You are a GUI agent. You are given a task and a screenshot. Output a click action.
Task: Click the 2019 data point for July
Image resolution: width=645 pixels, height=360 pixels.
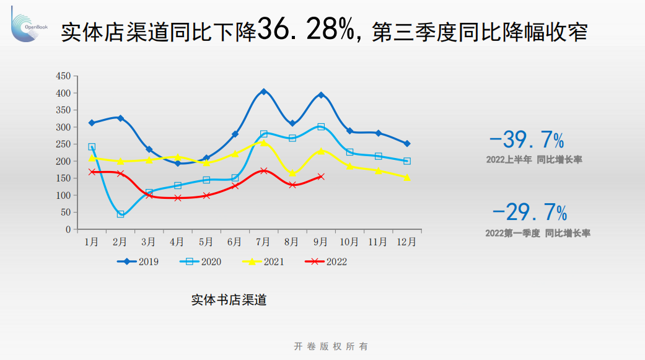[263, 92]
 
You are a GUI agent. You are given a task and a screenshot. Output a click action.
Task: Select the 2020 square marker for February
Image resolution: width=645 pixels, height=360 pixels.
[120, 214]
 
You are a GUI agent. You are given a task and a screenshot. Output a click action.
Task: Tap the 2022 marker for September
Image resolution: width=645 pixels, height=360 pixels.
[321, 177]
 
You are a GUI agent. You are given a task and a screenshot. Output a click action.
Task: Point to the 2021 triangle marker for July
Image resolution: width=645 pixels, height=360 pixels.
[263, 143]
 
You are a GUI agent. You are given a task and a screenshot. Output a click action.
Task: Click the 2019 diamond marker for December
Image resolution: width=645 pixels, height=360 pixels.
[407, 144]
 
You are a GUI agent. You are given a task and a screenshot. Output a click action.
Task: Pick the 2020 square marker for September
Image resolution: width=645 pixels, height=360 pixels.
[321, 126]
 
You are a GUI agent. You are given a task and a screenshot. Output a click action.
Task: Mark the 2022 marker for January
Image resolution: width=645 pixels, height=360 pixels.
[92, 172]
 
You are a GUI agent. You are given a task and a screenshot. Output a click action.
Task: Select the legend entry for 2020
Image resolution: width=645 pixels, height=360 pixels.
[201, 261]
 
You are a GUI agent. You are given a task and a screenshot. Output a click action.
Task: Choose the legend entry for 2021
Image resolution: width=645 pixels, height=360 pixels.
[263, 261]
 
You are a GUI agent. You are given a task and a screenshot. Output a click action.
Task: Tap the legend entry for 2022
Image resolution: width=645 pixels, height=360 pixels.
[326, 261]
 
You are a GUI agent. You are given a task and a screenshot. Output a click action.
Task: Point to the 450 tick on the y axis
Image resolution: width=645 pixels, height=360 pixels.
[63, 76]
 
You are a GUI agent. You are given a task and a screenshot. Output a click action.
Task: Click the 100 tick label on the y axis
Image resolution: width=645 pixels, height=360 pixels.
[63, 195]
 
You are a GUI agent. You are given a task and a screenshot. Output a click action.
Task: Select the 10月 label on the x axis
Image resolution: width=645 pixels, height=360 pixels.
[349, 242]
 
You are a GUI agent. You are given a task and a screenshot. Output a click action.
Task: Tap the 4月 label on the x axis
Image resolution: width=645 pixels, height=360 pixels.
[177, 242]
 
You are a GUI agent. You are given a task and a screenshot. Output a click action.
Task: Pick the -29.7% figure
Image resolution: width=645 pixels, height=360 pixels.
[530, 213]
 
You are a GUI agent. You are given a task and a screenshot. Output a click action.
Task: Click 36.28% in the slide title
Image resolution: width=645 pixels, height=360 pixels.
[307, 29]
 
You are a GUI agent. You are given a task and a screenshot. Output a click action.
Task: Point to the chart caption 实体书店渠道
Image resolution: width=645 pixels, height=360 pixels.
[229, 301]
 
